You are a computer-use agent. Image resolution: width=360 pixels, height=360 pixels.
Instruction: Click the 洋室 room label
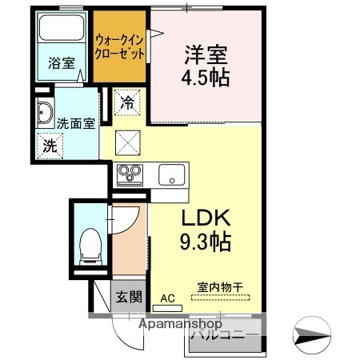point(207,54)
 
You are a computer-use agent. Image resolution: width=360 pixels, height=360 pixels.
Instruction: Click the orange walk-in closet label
point(120,46)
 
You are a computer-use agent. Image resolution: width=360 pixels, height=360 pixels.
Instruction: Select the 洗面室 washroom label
point(76,123)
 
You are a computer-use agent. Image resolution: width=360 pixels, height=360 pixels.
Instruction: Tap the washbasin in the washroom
point(43,114)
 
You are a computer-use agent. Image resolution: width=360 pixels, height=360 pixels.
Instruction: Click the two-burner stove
point(130,174)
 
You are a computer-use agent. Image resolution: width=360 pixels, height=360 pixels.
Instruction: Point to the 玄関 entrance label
point(128,298)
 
